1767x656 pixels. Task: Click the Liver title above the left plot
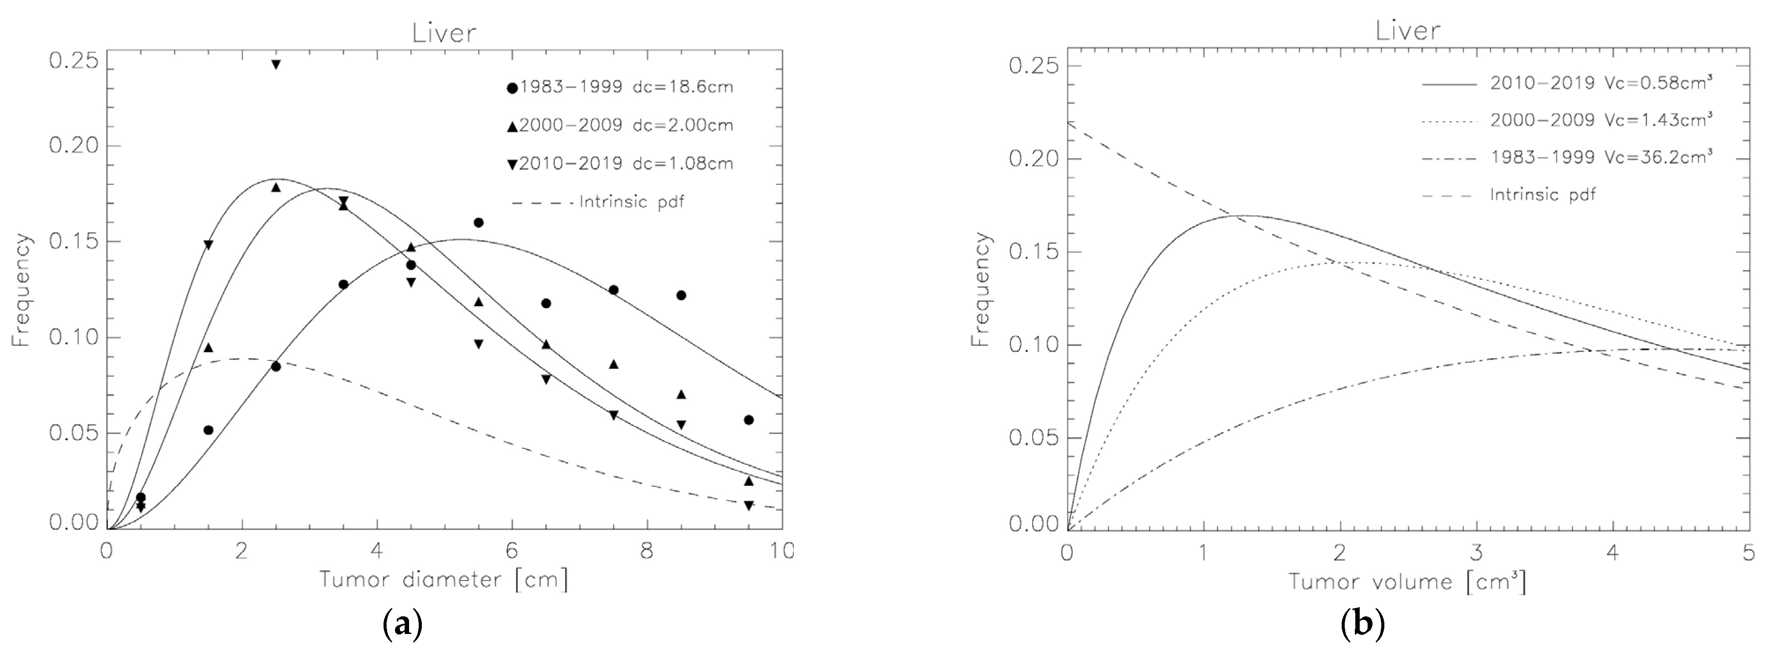[x=444, y=33]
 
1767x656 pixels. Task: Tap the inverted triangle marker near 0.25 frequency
[x=276, y=64]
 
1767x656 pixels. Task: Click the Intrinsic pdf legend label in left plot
[x=631, y=202]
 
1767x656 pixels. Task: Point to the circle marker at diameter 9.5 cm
[x=749, y=420]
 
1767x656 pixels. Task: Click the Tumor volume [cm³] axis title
[x=1408, y=582]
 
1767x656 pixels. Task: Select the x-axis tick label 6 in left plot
[x=511, y=552]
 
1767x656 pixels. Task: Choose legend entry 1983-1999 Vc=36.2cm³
[x=1600, y=157]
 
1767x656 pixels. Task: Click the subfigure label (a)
[x=401, y=624]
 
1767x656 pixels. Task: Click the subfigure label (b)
[x=1363, y=624]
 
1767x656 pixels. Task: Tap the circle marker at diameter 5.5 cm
[x=478, y=222]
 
